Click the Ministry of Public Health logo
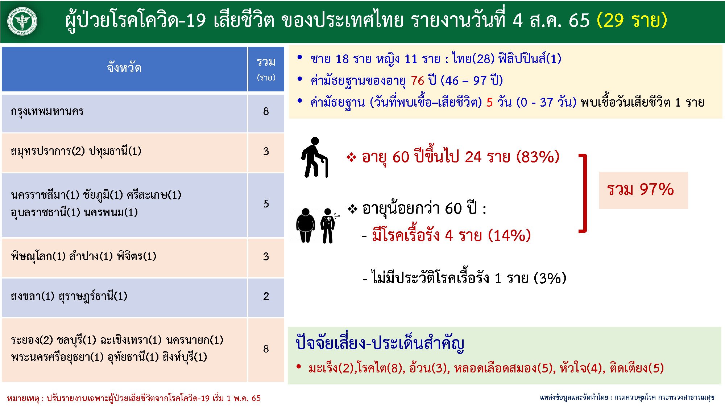(x=22, y=22)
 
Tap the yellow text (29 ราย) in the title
(x=631, y=20)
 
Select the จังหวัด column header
(x=124, y=68)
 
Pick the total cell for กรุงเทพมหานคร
(x=266, y=111)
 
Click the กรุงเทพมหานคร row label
(x=47, y=111)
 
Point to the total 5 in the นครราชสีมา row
(x=266, y=203)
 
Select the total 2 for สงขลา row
(x=266, y=296)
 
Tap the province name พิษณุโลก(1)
(x=38, y=256)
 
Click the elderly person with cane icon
(x=315, y=157)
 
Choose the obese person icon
(x=306, y=225)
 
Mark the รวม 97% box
(x=643, y=190)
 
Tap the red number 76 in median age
(x=417, y=81)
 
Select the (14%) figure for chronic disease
(x=509, y=236)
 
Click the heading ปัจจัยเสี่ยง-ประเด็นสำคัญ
(x=380, y=343)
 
